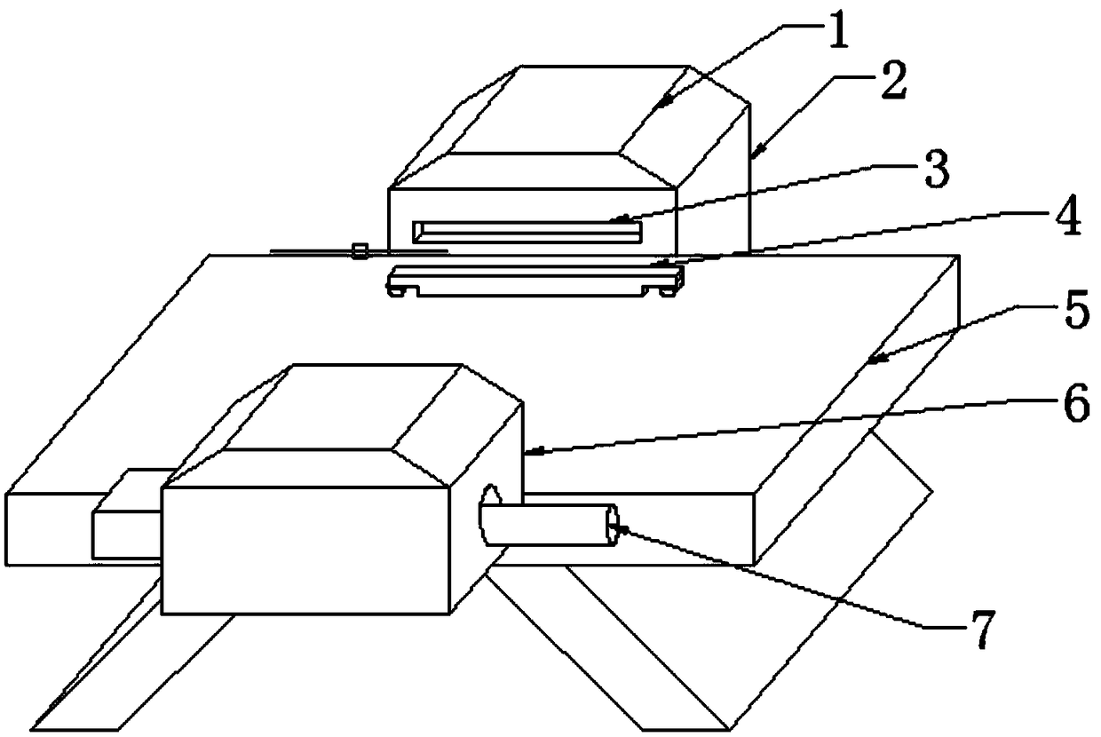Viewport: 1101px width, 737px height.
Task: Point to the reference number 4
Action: tap(1068, 218)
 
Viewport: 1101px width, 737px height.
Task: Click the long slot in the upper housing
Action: tap(527, 233)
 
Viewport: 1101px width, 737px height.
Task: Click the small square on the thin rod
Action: tap(360, 251)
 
